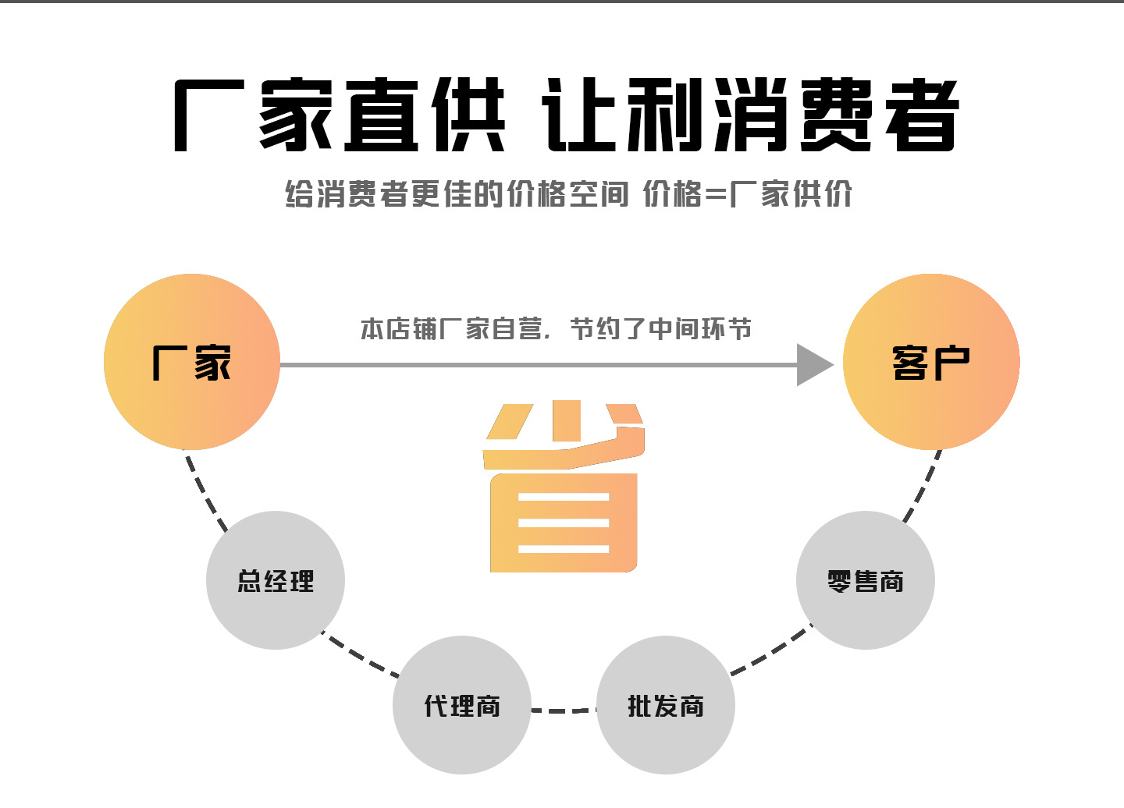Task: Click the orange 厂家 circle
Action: click(x=192, y=362)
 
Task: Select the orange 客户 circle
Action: click(x=931, y=362)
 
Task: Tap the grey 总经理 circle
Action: click(x=276, y=580)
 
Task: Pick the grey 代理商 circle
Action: click(x=462, y=705)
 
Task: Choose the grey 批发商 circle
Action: click(x=666, y=705)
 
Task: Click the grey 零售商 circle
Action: click(x=866, y=580)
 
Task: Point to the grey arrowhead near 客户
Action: click(x=813, y=364)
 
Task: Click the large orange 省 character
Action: click(x=564, y=487)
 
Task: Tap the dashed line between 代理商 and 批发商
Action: click(x=564, y=711)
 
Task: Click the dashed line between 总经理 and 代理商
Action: click(x=361, y=656)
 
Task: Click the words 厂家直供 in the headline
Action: click(x=340, y=115)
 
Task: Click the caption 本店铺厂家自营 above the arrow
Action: click(x=451, y=329)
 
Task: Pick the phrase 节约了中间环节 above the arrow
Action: click(x=660, y=329)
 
